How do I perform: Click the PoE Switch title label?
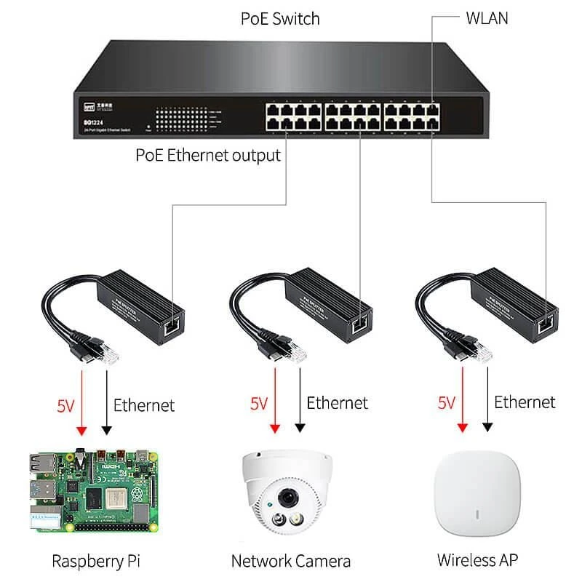click(x=280, y=18)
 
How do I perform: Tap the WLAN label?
click(x=487, y=18)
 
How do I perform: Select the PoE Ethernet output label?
click(x=208, y=155)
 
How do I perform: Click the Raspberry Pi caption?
click(x=96, y=561)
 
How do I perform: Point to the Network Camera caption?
click(x=291, y=561)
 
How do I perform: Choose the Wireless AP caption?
click(x=478, y=560)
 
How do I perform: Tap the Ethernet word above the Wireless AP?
click(x=525, y=402)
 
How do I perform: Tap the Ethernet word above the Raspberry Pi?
click(x=144, y=404)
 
